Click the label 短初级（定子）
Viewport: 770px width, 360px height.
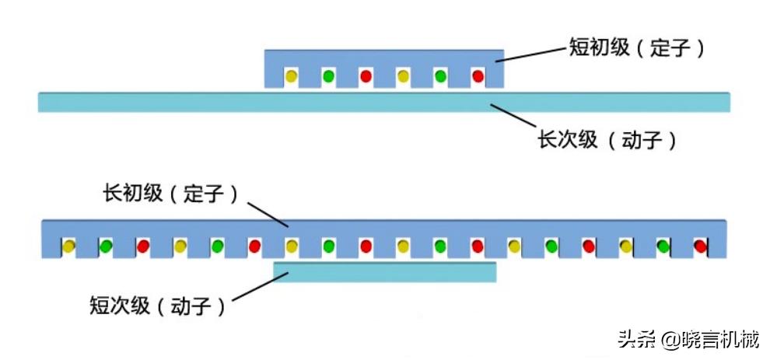[x=636, y=48]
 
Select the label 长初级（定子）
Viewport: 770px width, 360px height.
[x=170, y=194]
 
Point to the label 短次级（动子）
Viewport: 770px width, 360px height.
[x=158, y=306]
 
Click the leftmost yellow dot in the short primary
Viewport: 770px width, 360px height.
[x=291, y=77]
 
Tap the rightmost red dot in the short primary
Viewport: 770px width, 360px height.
[x=478, y=76]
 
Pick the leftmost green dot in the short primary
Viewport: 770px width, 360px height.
[x=328, y=76]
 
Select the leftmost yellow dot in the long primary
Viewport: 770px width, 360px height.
[x=69, y=246]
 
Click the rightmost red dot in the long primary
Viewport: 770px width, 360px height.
[x=700, y=246]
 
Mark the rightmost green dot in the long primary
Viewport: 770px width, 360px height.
[x=663, y=246]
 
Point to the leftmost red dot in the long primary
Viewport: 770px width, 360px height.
[x=143, y=246]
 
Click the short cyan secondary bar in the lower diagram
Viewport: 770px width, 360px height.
[x=385, y=271]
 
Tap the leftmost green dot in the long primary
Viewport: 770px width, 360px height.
[x=106, y=246]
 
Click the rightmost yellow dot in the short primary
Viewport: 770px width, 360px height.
[x=403, y=76]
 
